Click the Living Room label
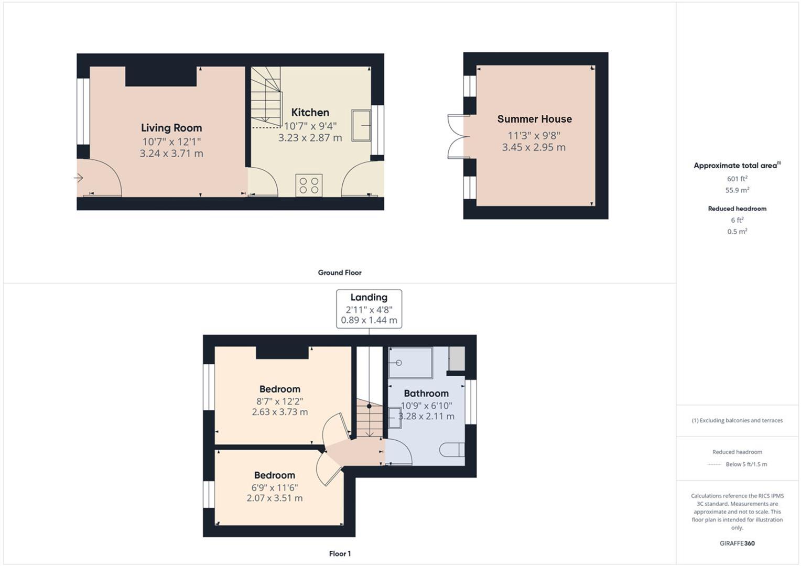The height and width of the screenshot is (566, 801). [x=171, y=128]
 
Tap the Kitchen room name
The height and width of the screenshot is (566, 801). [x=310, y=113]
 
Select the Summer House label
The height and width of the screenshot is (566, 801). [x=534, y=119]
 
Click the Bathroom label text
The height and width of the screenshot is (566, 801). [x=426, y=394]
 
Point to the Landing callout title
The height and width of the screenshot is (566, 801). [x=369, y=298]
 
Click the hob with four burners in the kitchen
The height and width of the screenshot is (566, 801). [x=309, y=186]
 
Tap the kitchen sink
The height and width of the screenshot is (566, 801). [x=361, y=125]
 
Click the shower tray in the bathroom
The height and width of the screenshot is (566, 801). [x=410, y=363]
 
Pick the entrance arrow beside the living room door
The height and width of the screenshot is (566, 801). [x=79, y=178]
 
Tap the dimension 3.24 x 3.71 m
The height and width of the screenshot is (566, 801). [x=171, y=154]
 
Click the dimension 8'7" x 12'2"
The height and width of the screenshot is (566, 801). [x=279, y=401]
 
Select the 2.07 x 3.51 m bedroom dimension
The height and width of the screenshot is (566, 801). [x=274, y=498]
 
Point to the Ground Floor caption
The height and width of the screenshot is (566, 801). [x=340, y=273]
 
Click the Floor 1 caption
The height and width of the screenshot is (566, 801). [x=340, y=553]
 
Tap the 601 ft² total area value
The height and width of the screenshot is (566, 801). [x=737, y=179]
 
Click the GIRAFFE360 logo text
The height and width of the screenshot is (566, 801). [x=737, y=543]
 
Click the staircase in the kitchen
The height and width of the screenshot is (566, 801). [x=266, y=97]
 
